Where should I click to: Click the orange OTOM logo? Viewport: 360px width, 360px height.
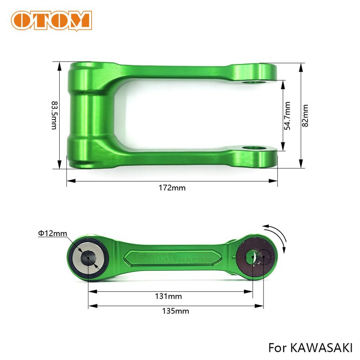coord(52,20)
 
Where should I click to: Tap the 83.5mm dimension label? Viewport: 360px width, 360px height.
coord(54,115)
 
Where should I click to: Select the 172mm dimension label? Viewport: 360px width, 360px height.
coord(172,188)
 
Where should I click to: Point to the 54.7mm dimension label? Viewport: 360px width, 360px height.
coord(287,116)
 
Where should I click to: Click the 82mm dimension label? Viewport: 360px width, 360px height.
coord(305,116)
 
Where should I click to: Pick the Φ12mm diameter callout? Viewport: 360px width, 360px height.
coord(52,233)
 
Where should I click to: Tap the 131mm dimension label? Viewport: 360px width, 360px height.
coord(168,296)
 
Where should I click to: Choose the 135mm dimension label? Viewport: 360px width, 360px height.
coord(176,311)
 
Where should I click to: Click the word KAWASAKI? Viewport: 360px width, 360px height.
coord(321,348)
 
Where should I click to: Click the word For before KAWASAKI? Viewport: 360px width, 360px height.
coord(277,348)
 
